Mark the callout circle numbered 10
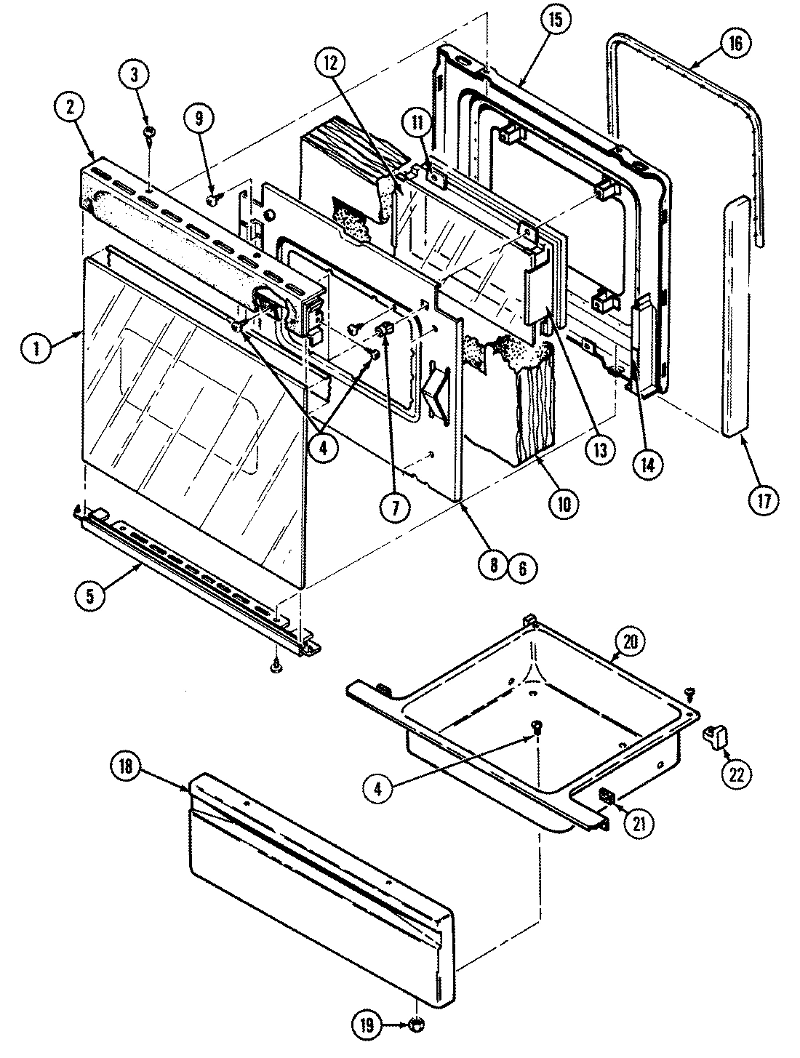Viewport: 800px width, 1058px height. (564, 503)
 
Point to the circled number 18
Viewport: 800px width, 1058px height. (125, 773)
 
